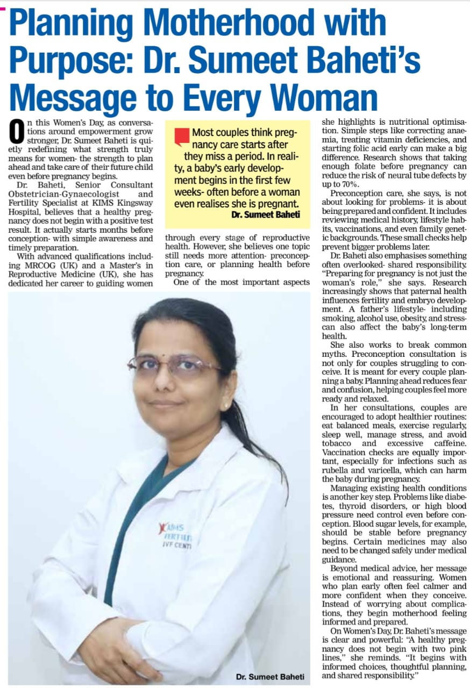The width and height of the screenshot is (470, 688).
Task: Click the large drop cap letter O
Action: click(17, 133)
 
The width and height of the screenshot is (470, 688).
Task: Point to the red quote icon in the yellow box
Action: click(182, 137)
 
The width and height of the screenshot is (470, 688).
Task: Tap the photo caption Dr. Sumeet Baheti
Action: click(270, 677)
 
